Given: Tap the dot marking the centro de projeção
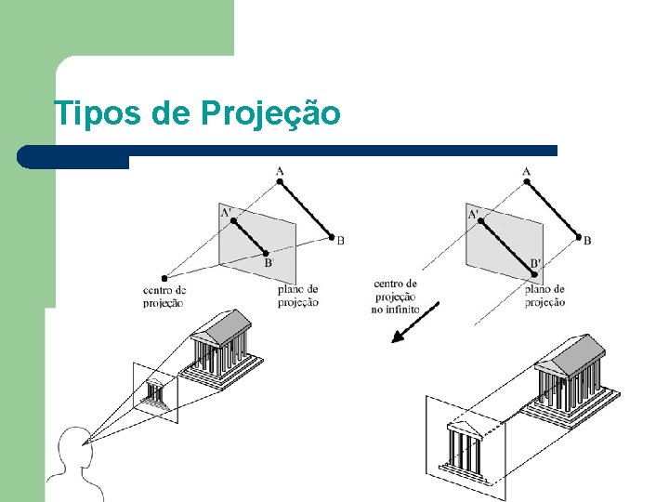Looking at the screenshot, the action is pos(164,277).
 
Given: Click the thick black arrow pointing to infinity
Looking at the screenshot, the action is pos(414,322).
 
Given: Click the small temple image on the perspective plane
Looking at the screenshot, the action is pos(157,393).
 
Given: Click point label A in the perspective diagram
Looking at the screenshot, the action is pos(280,170).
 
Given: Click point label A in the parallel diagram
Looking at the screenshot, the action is pos(527,170).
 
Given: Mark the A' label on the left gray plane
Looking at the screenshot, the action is pos(227,212).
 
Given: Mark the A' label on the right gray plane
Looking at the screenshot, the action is pos(474,215).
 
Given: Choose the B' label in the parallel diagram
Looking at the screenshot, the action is pos(535,264).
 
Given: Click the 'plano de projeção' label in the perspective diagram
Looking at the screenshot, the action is pos(298,296).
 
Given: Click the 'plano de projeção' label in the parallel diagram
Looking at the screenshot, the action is pos(544,296).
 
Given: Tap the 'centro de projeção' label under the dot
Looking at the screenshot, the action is pos(164,297).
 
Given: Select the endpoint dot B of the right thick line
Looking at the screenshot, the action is pos(579,237).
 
